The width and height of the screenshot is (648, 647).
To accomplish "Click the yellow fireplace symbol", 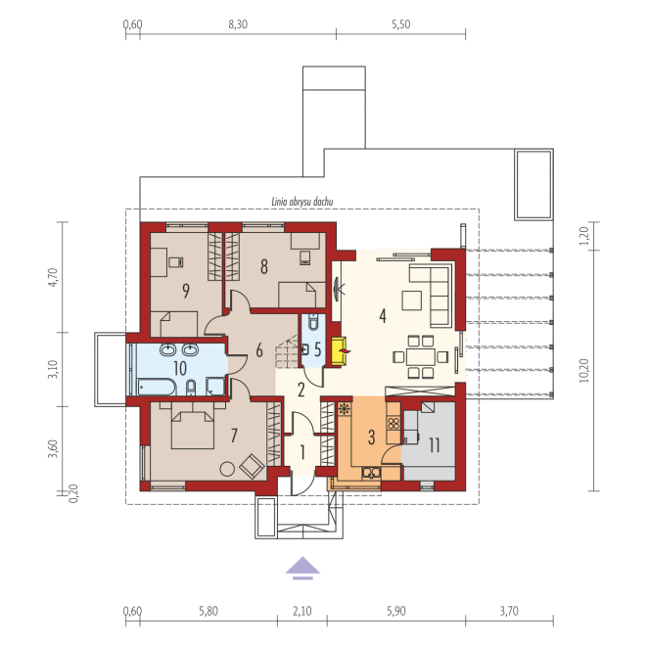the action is coord(339,351).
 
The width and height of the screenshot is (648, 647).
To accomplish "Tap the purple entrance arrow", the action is coord(302,568).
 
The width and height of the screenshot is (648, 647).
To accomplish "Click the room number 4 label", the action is coord(383,316).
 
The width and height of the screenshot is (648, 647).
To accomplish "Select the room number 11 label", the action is coord(434,445).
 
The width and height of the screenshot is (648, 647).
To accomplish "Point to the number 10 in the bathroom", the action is coord(180,368).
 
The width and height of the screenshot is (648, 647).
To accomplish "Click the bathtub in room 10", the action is coord(157,388).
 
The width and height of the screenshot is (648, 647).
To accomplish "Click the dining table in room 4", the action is coord(420,357).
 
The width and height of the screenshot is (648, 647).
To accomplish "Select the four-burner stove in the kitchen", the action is coord(393,424).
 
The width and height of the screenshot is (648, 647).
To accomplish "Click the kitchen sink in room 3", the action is coord(371,472).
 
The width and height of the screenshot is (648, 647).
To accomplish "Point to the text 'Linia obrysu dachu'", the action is coord(302,202).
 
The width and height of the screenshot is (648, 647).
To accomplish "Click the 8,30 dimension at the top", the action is coord(238,24).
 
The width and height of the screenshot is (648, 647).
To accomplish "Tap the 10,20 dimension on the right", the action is coord(583,370).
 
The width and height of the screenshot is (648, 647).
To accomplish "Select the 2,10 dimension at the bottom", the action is coord(302,611).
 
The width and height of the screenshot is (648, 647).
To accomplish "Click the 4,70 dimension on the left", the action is coord(53,277).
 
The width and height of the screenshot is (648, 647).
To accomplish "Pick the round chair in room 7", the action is coord(227,469).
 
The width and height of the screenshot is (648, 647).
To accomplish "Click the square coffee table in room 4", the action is coord(412,300).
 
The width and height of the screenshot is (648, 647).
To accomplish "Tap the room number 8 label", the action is coord(264,266).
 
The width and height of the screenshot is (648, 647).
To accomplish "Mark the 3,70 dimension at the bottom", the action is coord(509,611).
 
